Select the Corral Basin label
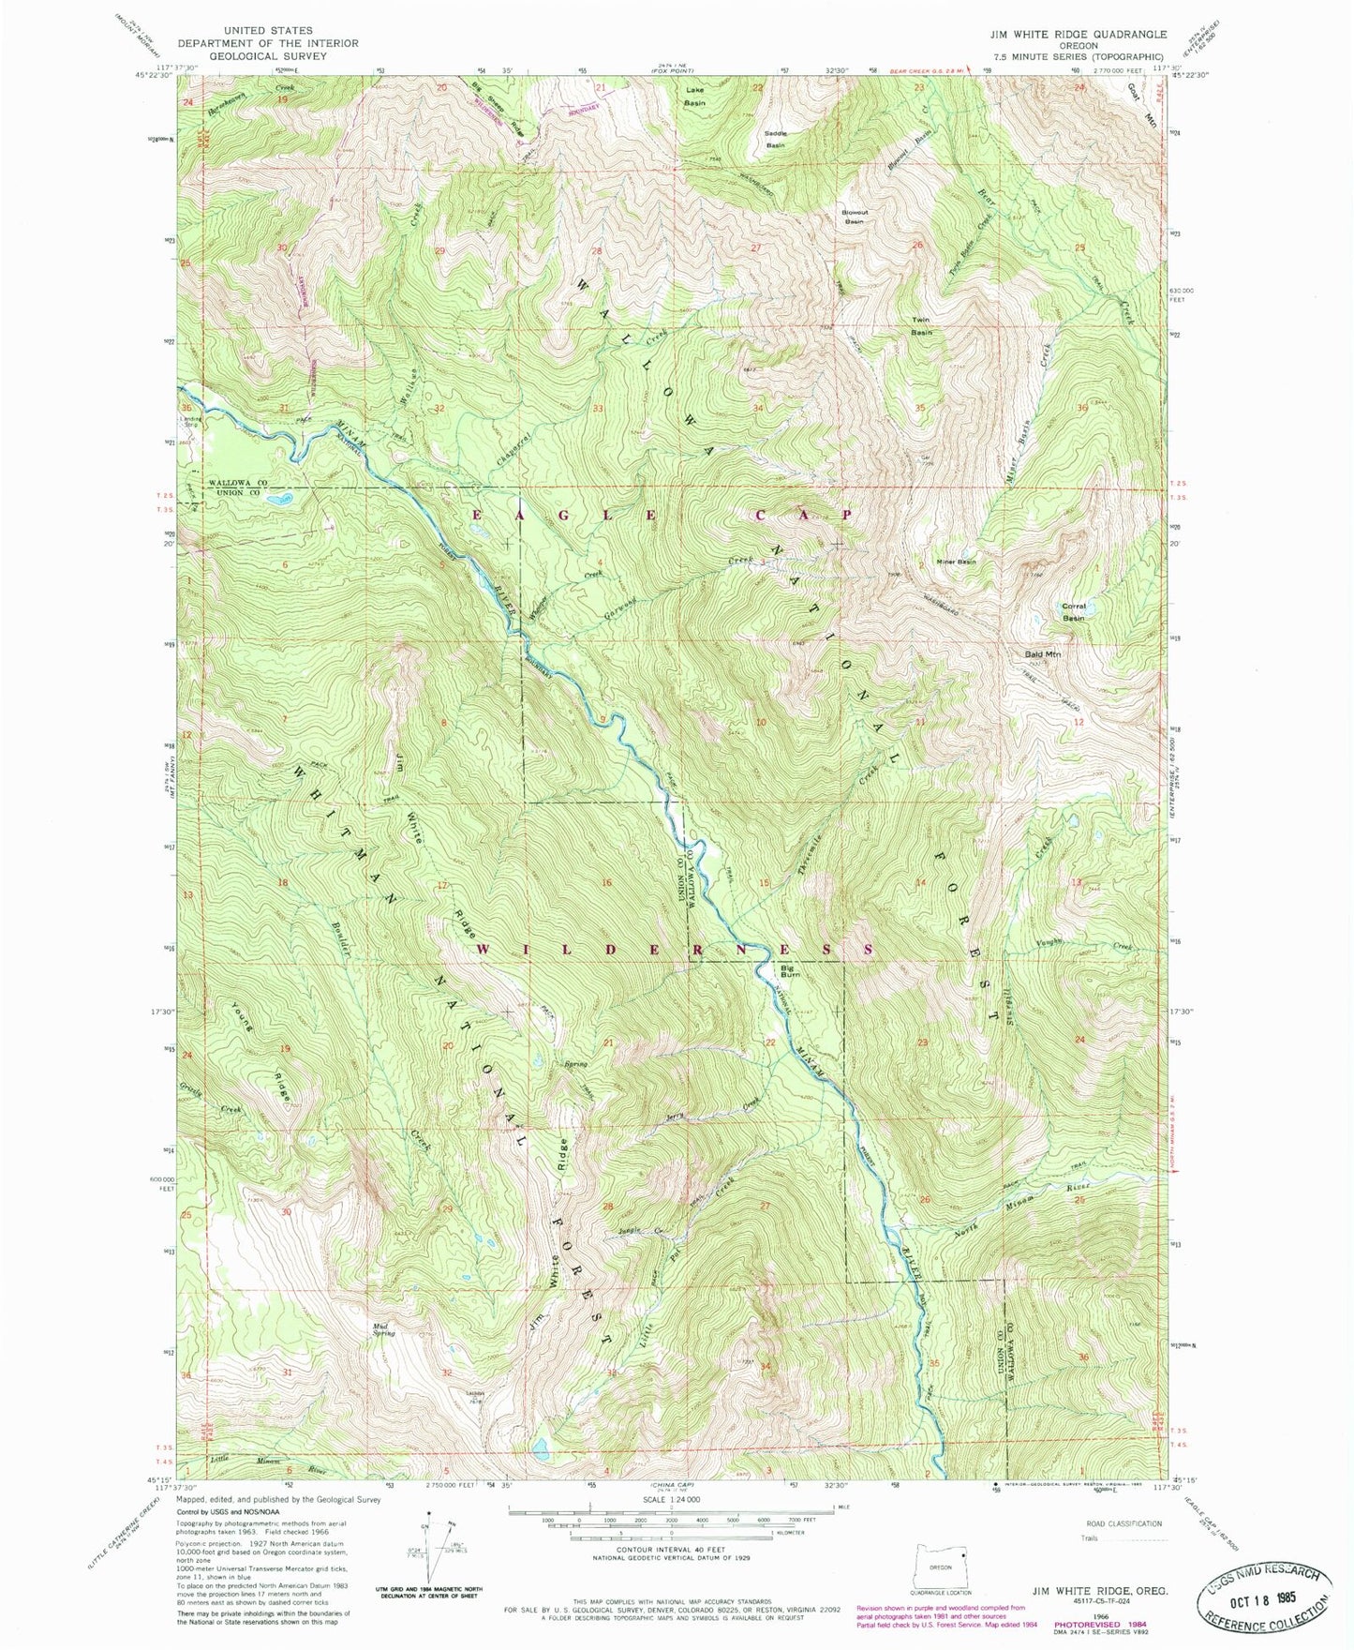1073,611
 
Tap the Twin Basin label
922,325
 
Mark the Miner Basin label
956,562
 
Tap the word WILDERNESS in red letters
675,949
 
